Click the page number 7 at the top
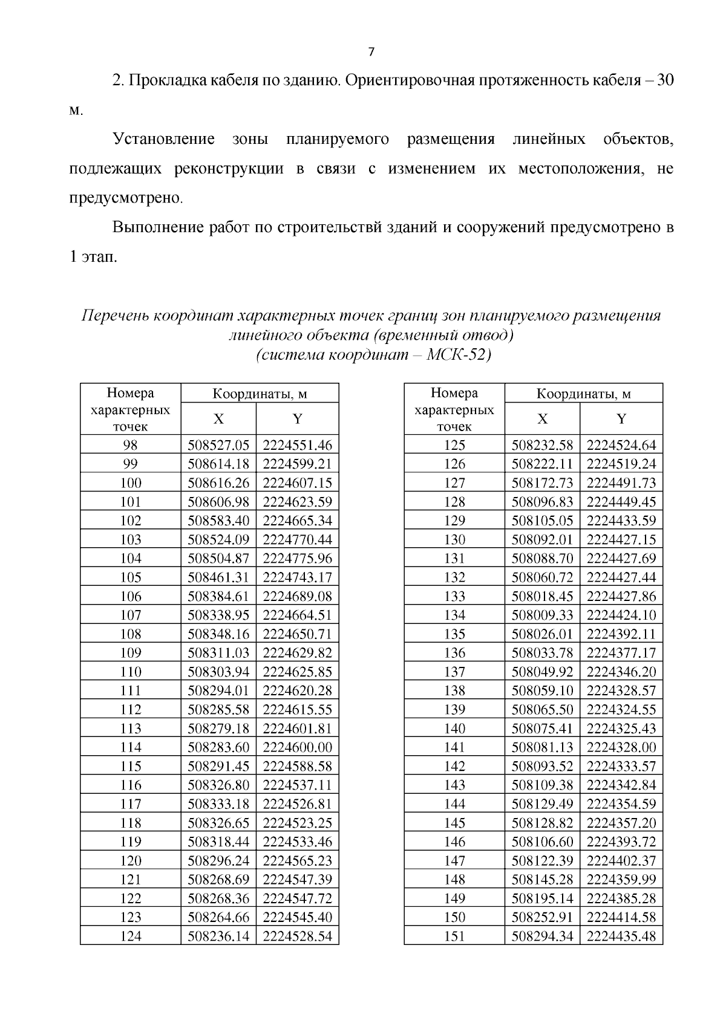click(x=371, y=52)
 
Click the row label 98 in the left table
click(x=130, y=446)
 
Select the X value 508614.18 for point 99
click(x=218, y=464)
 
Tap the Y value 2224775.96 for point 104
click(x=298, y=559)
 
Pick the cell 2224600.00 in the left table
click(x=298, y=747)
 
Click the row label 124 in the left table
click(x=130, y=937)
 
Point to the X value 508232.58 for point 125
click(x=542, y=446)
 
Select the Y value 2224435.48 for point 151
click(x=621, y=937)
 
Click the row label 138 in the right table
click(x=454, y=690)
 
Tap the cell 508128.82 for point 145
click(x=542, y=823)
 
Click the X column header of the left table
click(x=218, y=419)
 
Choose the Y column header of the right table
click(x=621, y=419)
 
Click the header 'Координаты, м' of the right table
click(x=584, y=394)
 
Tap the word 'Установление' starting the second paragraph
click(x=164, y=140)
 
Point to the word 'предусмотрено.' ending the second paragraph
click(x=125, y=198)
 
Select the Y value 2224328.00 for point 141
click(x=621, y=747)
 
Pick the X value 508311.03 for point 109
click(x=218, y=653)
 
